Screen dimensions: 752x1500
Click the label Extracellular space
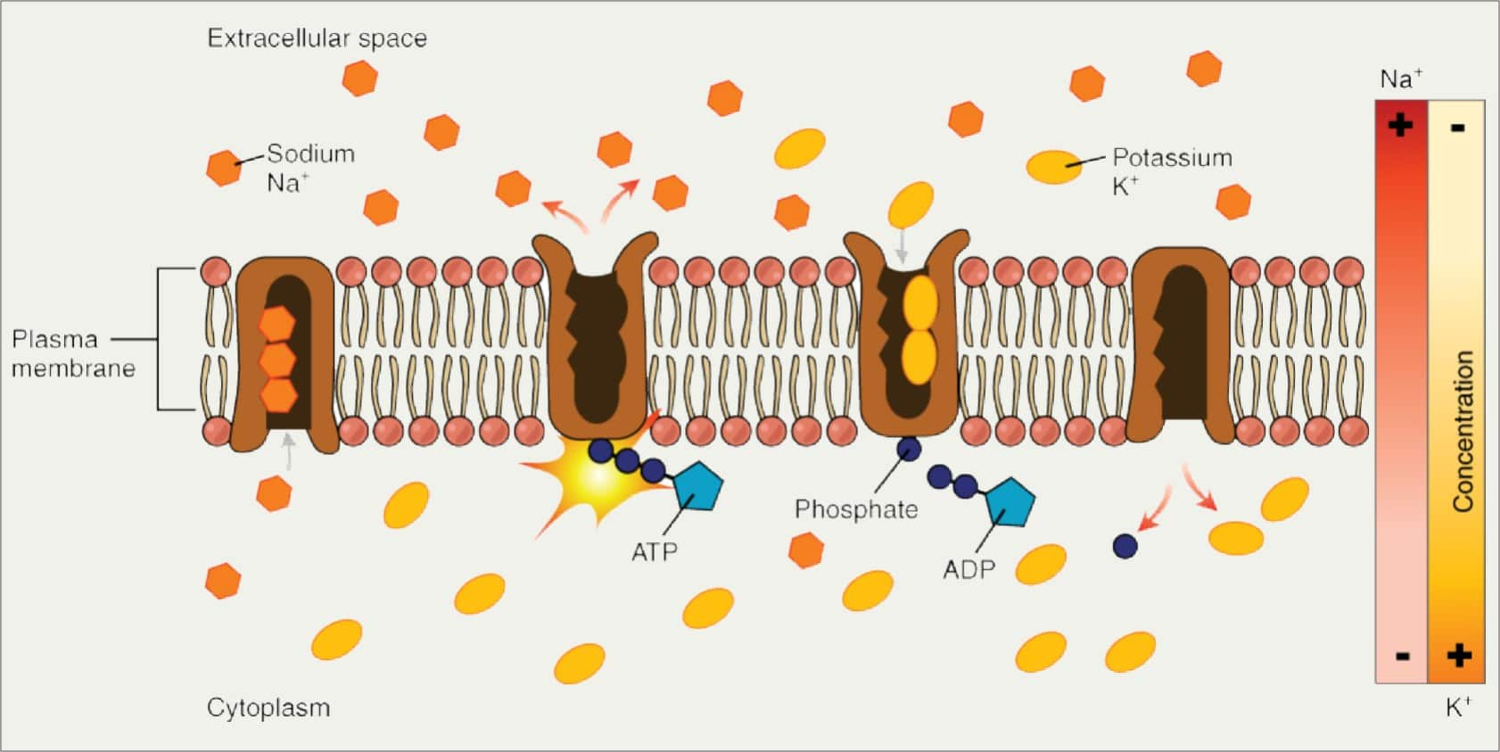click(317, 38)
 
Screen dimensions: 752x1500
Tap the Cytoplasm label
click(268, 707)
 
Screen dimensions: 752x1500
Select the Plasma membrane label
click(73, 353)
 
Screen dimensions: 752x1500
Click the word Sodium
click(310, 153)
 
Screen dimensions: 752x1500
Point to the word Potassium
click(1172, 158)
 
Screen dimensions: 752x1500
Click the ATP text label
click(655, 552)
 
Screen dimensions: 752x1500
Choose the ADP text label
click(968, 569)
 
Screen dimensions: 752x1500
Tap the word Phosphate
click(856, 509)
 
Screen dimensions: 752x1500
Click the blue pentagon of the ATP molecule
click(697, 487)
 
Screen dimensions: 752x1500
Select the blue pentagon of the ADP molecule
click(1010, 503)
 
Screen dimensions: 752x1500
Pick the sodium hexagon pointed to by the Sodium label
click(224, 167)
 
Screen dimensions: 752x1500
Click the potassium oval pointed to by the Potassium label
click(1054, 166)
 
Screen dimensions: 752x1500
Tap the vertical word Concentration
click(1463, 431)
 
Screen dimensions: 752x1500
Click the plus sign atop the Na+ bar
click(1400, 124)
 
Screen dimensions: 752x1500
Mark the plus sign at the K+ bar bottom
click(1459, 656)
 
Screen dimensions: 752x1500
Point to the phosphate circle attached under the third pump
click(909, 449)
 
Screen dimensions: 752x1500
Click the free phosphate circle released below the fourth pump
click(1125, 545)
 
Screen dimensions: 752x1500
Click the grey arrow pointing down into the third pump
click(902, 246)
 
